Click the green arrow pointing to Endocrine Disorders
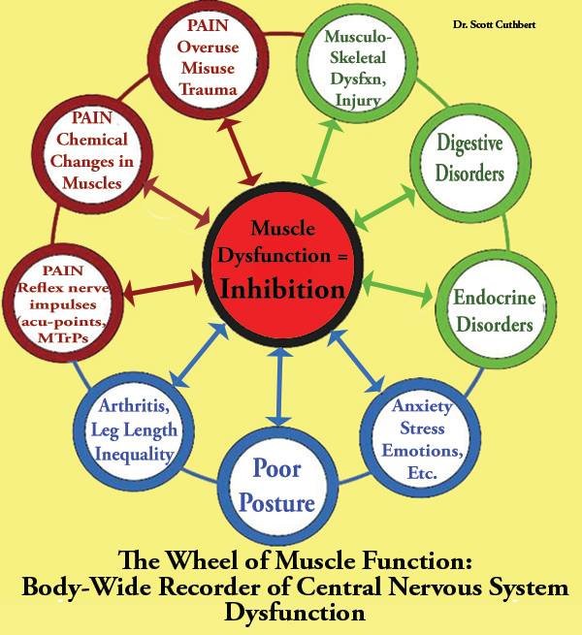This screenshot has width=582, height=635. (397, 288)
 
